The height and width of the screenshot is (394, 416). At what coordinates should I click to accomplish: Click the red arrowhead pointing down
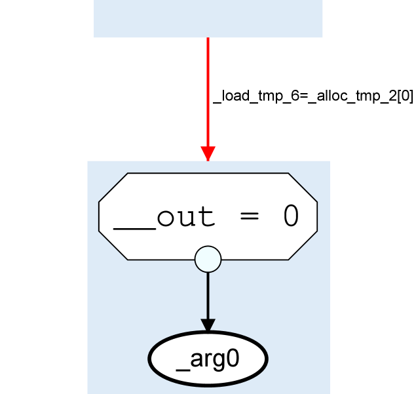click(x=208, y=153)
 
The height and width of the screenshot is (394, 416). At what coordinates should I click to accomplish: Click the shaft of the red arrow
click(x=208, y=92)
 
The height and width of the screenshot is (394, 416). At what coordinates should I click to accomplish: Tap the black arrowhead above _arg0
click(x=208, y=325)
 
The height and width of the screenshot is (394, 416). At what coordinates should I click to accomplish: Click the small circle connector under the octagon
click(x=208, y=258)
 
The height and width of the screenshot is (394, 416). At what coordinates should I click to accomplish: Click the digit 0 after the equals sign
click(x=291, y=216)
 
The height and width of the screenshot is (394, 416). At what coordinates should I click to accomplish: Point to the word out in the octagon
click(x=185, y=217)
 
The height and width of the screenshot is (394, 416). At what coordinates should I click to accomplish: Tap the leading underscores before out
click(x=134, y=226)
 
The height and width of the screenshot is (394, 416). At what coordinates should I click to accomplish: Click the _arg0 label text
click(x=208, y=360)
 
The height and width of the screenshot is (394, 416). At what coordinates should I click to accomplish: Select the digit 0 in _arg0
click(x=232, y=359)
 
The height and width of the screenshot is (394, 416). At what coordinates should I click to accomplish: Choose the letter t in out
click(x=206, y=217)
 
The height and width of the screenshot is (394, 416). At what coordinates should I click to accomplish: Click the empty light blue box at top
click(x=208, y=18)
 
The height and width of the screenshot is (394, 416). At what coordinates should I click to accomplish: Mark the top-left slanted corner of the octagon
click(x=113, y=187)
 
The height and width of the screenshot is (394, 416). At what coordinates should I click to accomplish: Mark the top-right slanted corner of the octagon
click(x=303, y=187)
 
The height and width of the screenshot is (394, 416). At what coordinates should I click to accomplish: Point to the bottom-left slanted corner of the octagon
click(x=113, y=245)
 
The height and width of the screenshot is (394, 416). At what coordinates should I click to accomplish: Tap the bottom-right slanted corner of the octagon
click(x=303, y=245)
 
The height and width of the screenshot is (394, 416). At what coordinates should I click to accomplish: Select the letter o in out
click(x=165, y=218)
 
